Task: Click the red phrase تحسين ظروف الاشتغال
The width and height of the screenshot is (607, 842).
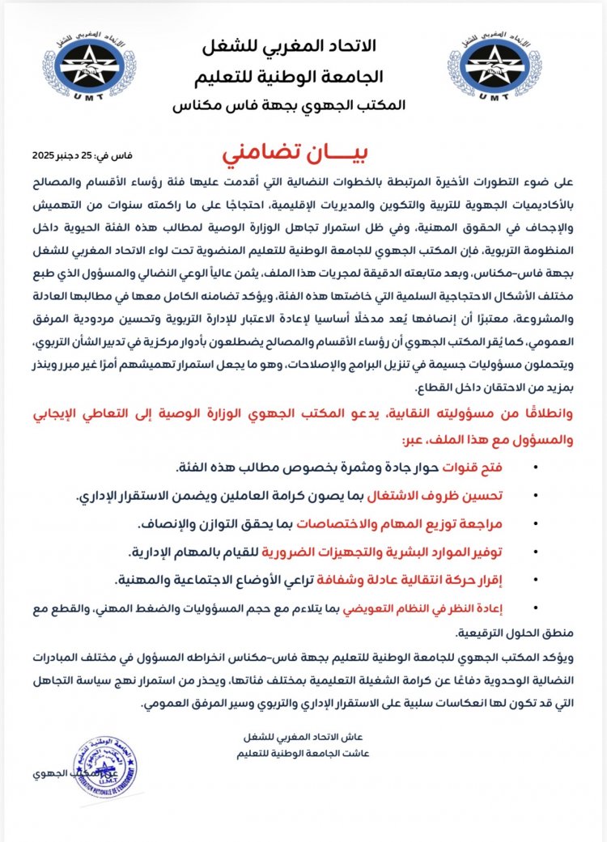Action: tap(494, 497)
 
